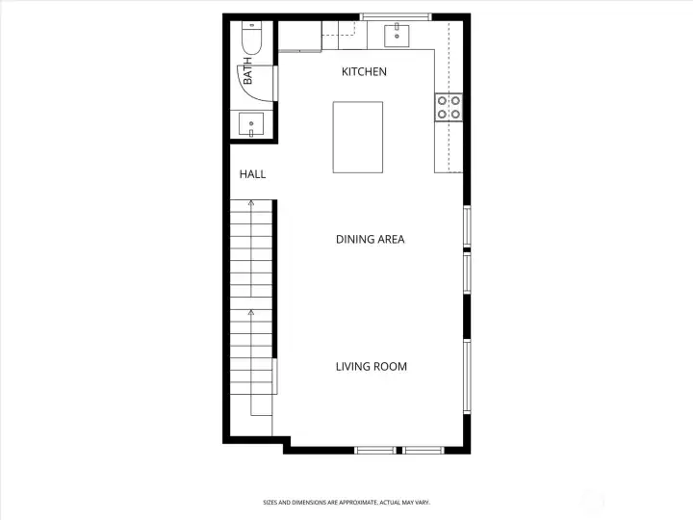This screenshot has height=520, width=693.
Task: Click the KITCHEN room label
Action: (x=364, y=71)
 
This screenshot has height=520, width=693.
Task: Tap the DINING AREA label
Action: (x=371, y=239)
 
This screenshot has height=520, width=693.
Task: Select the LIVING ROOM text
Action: (x=372, y=367)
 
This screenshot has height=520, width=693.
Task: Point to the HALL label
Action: (x=253, y=174)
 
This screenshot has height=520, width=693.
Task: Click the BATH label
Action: (x=247, y=70)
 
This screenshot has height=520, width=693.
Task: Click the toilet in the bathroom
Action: (x=252, y=38)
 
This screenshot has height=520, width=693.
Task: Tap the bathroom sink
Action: (x=251, y=124)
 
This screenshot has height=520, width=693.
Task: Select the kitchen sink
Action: (x=397, y=36)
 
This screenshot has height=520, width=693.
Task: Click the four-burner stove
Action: (x=449, y=108)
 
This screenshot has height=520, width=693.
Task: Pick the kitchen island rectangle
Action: (x=358, y=137)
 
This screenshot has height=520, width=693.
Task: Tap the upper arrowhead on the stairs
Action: (x=251, y=203)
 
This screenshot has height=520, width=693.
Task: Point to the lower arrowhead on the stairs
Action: (x=251, y=313)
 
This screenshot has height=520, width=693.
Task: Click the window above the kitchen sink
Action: (x=396, y=17)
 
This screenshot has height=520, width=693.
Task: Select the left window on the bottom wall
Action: (x=375, y=450)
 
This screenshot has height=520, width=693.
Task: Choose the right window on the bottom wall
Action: (x=423, y=450)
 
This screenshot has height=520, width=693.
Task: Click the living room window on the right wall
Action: (x=467, y=377)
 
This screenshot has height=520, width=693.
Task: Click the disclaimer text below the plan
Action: (x=346, y=503)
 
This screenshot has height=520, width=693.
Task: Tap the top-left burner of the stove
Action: (x=442, y=101)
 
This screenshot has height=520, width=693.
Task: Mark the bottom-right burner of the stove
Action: (x=455, y=114)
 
